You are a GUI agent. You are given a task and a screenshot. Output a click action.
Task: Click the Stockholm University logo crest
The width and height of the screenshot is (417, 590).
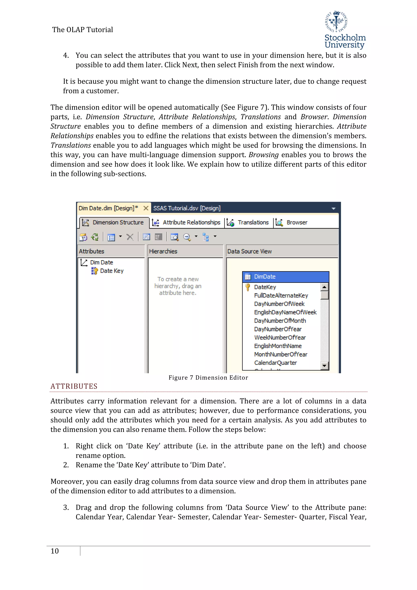coord(336,22)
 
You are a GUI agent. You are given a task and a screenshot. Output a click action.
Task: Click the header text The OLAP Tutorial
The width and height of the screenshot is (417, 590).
coord(82,30)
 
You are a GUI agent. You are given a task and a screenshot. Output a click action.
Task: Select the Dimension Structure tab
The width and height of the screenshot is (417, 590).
coord(114,222)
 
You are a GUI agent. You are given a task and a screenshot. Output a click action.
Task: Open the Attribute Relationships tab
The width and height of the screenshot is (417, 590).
coord(187,222)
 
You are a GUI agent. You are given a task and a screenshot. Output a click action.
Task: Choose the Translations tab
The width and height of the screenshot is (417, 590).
coord(248,222)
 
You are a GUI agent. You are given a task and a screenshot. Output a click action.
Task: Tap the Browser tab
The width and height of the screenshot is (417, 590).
coord(292,222)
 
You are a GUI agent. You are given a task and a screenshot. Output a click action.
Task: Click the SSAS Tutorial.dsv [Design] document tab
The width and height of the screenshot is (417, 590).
coord(187,208)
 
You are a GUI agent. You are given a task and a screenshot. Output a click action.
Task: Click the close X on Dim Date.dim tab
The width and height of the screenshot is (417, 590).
coord(146,208)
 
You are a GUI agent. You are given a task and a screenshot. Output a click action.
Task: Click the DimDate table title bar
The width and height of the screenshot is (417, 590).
coord(285,277)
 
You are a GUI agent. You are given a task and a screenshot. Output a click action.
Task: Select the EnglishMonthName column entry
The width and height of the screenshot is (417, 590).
coord(278,346)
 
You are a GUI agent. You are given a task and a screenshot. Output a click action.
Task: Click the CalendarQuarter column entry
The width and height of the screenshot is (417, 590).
coord(275,363)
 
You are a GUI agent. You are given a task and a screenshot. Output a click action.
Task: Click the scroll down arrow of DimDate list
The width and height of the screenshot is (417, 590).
coord(325,366)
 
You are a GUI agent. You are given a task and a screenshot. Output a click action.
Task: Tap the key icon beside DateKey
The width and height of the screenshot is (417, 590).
coord(248,287)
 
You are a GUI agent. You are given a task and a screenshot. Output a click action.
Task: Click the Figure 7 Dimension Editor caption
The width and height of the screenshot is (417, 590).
coord(208,378)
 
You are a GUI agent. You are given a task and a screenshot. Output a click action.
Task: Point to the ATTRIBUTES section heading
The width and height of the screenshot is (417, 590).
coord(74,386)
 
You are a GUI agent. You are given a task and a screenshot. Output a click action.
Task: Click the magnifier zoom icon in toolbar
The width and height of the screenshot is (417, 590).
coord(187,237)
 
